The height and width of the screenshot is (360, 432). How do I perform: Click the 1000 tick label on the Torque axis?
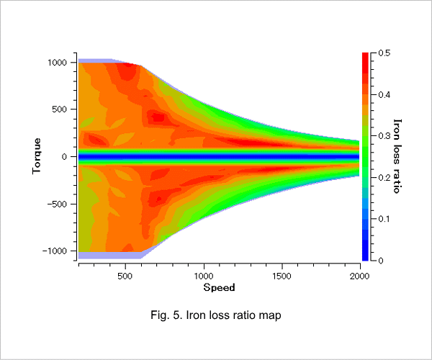pyautogui.click(x=58, y=63)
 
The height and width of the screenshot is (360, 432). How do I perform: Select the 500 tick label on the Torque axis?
pyautogui.click(x=60, y=109)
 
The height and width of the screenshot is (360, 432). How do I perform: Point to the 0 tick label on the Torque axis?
pyautogui.click(x=65, y=157)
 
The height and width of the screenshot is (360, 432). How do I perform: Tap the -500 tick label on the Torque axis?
pyautogui.click(x=57, y=204)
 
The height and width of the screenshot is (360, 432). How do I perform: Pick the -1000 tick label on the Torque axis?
pyautogui.click(x=55, y=251)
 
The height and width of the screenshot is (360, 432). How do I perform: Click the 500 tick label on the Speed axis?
pyautogui.click(x=125, y=276)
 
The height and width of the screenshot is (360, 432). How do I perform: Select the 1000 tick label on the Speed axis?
pyautogui.click(x=204, y=276)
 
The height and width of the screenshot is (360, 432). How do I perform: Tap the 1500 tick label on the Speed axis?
pyautogui.click(x=282, y=276)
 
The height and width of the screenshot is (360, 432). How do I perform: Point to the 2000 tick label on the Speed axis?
pyautogui.click(x=360, y=276)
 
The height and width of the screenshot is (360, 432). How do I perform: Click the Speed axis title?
pyautogui.click(x=220, y=287)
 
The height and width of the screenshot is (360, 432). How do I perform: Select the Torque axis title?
pyautogui.click(x=37, y=156)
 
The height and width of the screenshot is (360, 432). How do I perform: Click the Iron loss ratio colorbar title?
pyautogui.click(x=397, y=156)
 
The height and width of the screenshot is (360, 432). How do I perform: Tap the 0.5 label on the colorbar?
pyautogui.click(x=384, y=53)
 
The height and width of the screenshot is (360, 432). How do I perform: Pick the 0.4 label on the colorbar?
pyautogui.click(x=384, y=95)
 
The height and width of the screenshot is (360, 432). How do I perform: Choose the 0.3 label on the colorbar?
pyautogui.click(x=384, y=136)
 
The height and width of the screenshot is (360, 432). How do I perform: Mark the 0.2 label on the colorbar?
pyautogui.click(x=384, y=178)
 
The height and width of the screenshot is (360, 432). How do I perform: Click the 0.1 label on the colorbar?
pyautogui.click(x=384, y=219)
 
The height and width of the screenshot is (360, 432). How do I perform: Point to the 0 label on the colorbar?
pyautogui.click(x=381, y=261)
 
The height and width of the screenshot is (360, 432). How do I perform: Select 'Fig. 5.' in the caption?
pyautogui.click(x=166, y=315)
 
